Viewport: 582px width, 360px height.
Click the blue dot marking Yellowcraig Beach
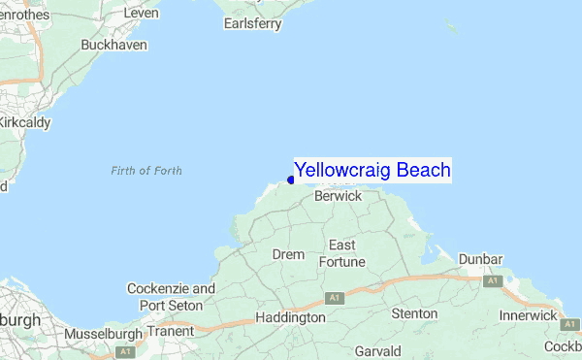coord(291,180)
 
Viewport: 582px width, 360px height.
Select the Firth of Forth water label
coord(146,171)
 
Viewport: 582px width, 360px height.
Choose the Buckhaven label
coord(113,46)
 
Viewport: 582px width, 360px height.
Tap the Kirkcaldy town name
coord(23,122)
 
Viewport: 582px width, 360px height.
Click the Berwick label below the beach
coord(339,196)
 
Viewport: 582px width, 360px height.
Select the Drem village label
coord(288,254)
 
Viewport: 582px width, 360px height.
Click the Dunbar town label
coord(481,259)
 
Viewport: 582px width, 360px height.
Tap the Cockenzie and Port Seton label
coord(171,297)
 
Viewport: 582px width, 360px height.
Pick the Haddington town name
coord(290,317)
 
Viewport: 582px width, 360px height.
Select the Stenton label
coord(414,313)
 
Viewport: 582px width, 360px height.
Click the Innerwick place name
coord(528,316)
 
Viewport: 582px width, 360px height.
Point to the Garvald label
coord(378,349)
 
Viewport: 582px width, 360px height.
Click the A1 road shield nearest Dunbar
coord(493,280)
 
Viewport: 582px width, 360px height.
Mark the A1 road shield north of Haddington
coord(335,297)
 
